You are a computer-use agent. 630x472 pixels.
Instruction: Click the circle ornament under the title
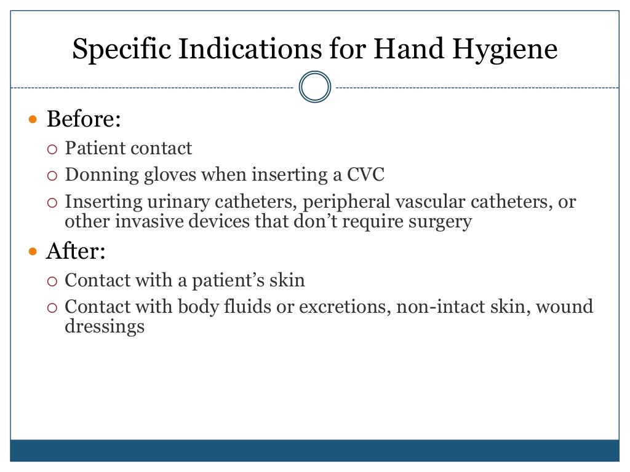[x=315, y=87]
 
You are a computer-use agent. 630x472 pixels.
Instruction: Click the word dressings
[x=105, y=326]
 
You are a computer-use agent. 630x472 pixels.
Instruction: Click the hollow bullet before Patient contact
[x=52, y=149]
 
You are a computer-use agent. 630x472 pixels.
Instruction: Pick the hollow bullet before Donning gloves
[x=52, y=176]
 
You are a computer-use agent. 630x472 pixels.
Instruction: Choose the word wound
[x=564, y=306]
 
